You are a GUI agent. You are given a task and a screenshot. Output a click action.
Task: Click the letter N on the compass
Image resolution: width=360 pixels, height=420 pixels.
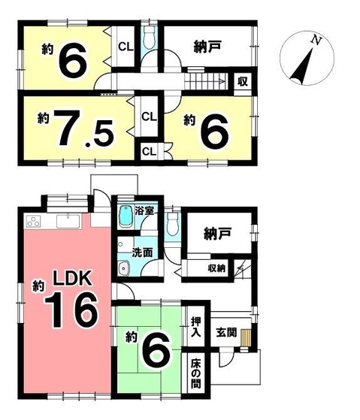[316, 40]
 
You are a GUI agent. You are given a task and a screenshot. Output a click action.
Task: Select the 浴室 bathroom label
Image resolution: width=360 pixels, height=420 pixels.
[144, 211]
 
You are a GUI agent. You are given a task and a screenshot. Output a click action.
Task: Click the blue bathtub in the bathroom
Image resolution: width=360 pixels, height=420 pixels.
[126, 216]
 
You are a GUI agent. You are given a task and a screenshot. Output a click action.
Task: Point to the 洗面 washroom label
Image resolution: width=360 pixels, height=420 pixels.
[142, 252]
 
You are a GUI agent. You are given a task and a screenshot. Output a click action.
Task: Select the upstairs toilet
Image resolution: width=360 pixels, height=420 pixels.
[150, 38]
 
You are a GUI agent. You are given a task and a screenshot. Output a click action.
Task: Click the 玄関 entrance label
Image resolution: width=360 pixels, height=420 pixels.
[227, 333]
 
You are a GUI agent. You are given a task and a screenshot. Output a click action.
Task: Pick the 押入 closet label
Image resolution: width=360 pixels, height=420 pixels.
[196, 327]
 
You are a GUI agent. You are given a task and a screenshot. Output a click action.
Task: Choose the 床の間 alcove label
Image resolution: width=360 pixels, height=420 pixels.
[196, 373]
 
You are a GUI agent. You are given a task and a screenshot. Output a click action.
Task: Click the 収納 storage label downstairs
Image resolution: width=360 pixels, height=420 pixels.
[216, 268]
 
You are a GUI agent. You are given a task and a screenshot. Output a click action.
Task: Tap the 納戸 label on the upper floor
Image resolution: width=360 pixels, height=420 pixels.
[207, 47]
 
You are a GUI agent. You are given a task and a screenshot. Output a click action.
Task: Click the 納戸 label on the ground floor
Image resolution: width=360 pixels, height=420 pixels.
[217, 234]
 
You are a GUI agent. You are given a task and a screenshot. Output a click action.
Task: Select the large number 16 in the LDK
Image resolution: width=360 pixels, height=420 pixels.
[71, 310]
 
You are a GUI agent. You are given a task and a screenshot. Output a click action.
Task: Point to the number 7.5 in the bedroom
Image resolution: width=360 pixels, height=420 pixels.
[83, 128]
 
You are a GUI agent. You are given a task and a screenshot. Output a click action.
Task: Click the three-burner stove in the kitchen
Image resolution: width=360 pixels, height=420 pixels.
[34, 222]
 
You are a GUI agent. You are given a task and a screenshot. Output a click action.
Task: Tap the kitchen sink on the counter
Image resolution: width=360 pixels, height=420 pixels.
[68, 221]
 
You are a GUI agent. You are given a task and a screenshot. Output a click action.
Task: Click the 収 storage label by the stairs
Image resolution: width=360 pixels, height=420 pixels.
[243, 81]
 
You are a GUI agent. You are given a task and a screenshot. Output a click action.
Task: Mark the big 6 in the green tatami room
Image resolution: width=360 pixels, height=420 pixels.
[156, 348]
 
